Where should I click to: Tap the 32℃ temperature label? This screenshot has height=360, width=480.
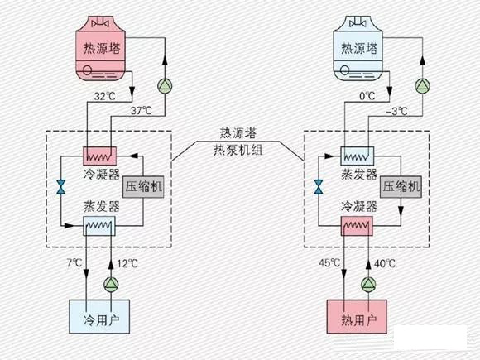(104, 97)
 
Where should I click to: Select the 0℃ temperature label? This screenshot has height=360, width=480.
(369, 97)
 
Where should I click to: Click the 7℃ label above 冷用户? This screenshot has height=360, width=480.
(75, 264)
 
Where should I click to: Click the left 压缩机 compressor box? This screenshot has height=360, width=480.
(143, 187)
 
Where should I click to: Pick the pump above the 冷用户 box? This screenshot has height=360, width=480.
(112, 283)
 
